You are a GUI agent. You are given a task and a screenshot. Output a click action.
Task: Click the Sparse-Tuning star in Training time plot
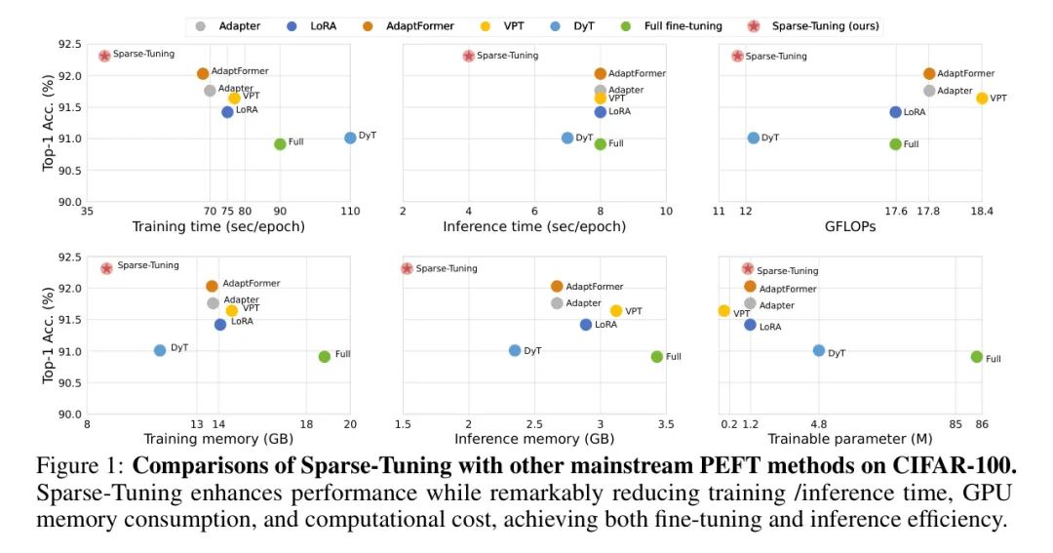click(104, 56)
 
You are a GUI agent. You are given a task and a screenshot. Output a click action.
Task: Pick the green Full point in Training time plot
click(280, 144)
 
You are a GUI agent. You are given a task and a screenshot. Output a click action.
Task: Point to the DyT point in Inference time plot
click(567, 138)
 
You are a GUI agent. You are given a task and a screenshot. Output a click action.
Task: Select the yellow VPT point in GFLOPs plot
click(982, 99)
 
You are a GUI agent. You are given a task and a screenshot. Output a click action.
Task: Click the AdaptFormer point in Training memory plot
click(212, 286)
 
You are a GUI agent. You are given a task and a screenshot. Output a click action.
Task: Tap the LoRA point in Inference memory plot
click(586, 325)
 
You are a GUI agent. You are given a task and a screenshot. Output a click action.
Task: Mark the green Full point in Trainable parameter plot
click(977, 357)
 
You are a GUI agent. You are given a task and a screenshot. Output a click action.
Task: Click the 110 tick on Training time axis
click(350, 212)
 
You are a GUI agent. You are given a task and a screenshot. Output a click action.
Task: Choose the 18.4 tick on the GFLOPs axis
click(982, 212)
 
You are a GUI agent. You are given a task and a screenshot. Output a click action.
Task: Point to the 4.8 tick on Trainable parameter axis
click(819, 424)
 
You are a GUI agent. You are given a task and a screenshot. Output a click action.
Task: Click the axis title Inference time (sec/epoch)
click(534, 227)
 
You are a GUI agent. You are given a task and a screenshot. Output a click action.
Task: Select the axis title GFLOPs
click(849, 227)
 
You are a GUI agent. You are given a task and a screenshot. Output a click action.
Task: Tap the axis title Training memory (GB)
click(218, 440)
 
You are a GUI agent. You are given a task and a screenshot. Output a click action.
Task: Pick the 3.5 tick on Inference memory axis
click(665, 424)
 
